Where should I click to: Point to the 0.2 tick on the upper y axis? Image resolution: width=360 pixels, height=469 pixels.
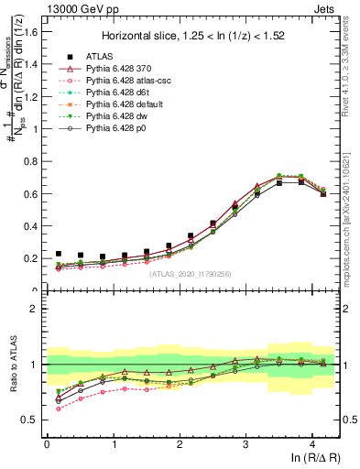33,258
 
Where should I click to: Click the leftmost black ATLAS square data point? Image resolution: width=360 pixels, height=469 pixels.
58,254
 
